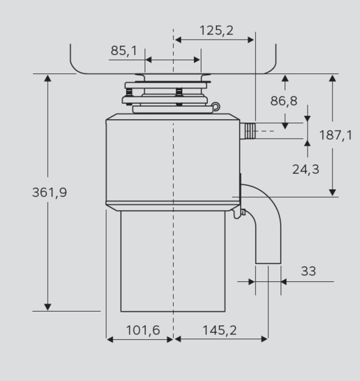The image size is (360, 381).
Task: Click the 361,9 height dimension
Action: [50, 193]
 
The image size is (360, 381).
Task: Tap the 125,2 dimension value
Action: [217, 30]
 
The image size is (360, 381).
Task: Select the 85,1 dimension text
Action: [124, 50]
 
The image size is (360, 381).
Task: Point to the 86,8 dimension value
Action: [284, 101]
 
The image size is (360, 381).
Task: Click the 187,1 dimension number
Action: [336, 135]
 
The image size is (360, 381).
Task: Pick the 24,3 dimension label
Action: [305, 170]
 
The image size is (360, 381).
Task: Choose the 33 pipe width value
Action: [308, 271]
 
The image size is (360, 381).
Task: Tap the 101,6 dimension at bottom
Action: [143, 331]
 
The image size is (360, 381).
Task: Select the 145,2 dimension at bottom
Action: [219, 331]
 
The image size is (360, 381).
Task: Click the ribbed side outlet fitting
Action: [248, 131]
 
